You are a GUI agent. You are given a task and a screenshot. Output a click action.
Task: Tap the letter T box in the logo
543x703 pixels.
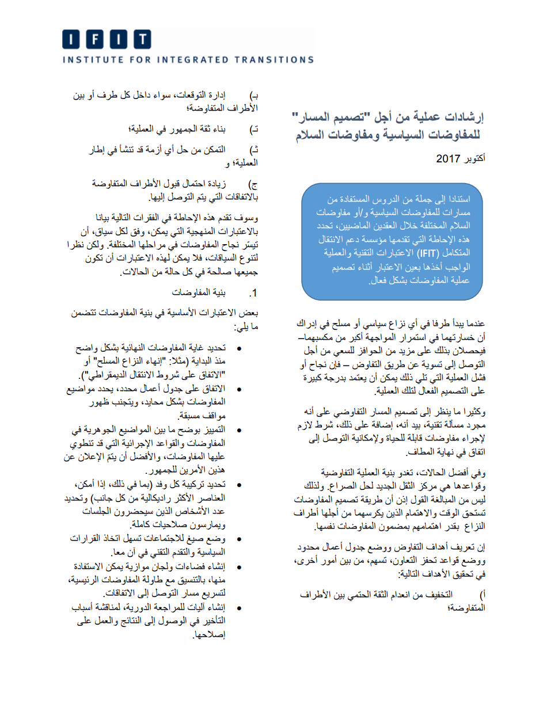[x=140, y=39]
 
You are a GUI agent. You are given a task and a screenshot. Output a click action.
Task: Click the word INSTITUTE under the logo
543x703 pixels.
[x=87, y=59]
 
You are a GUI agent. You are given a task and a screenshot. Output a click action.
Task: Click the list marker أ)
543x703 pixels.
[x=483, y=594]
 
